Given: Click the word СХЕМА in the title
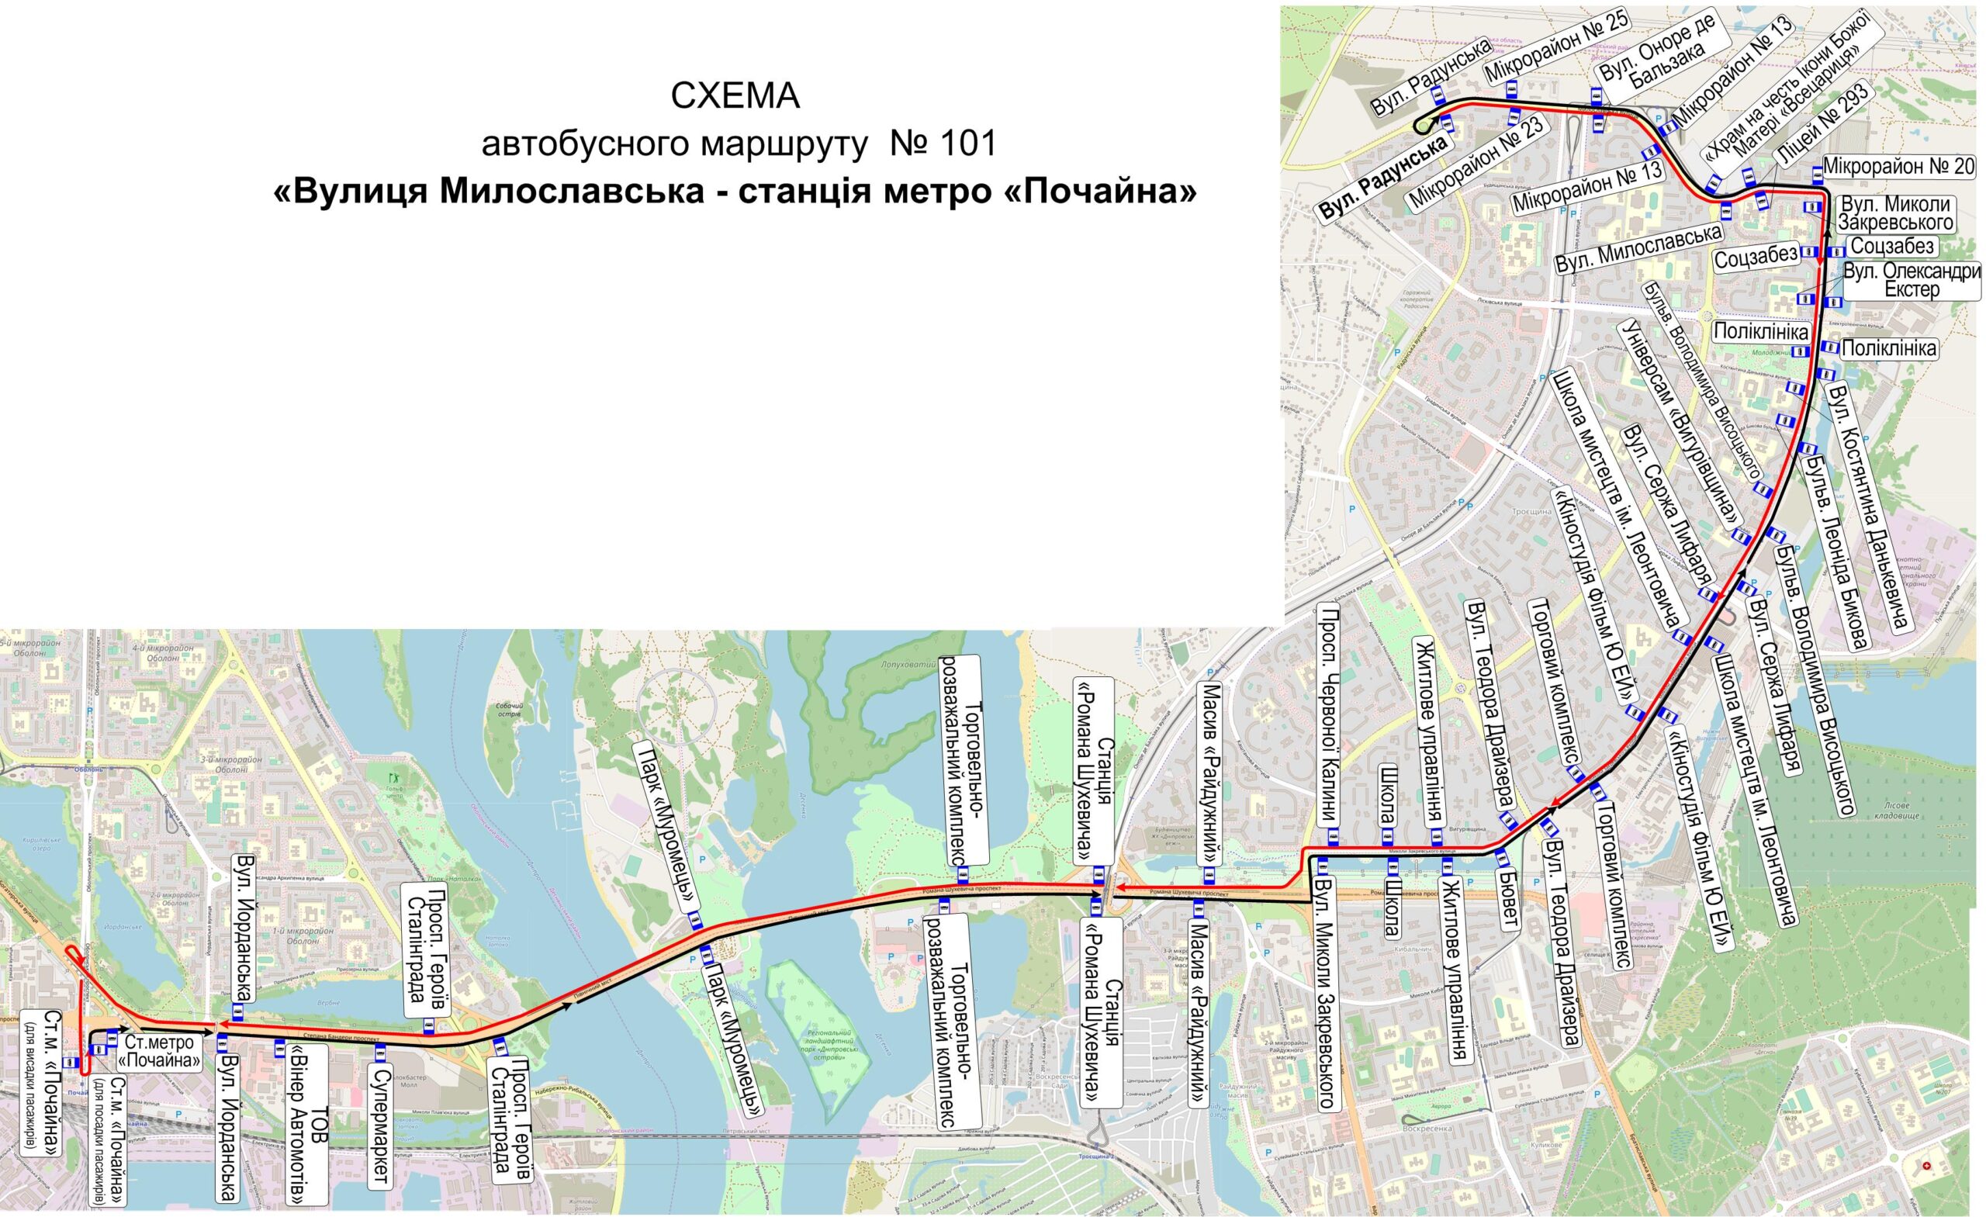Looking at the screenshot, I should (x=735, y=97).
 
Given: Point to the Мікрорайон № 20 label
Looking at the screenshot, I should (x=1898, y=167).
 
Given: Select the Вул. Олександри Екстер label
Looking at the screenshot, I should (x=1908, y=280).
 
